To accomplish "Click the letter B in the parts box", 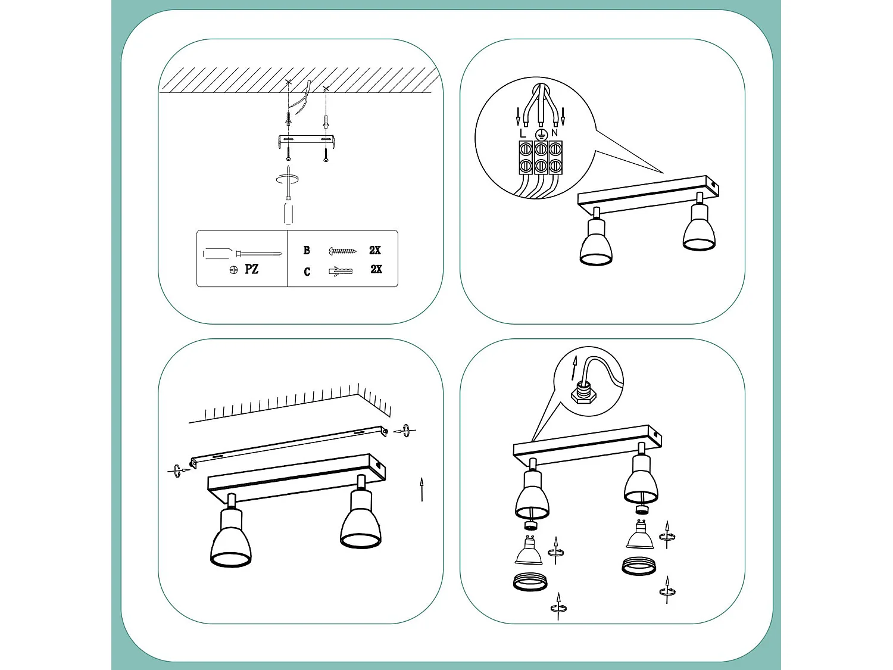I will [x=307, y=250].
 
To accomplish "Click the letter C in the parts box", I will [x=307, y=272].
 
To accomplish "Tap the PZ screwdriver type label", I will [x=251, y=269].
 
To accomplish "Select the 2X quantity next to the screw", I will [x=375, y=250].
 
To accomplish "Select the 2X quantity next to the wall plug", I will [x=376, y=269].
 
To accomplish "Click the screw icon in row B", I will [x=342, y=251].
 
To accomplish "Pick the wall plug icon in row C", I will [x=341, y=271].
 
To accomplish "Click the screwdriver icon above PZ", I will [x=241, y=254].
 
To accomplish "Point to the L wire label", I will [x=523, y=133].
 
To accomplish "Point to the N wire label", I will [x=555, y=133].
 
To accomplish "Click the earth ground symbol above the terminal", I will [x=541, y=134].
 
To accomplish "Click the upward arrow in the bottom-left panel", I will [x=421, y=489].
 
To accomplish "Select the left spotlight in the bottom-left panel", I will [x=231, y=536].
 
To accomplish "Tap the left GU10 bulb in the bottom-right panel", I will [x=528, y=551].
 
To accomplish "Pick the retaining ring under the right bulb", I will [x=639, y=566].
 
